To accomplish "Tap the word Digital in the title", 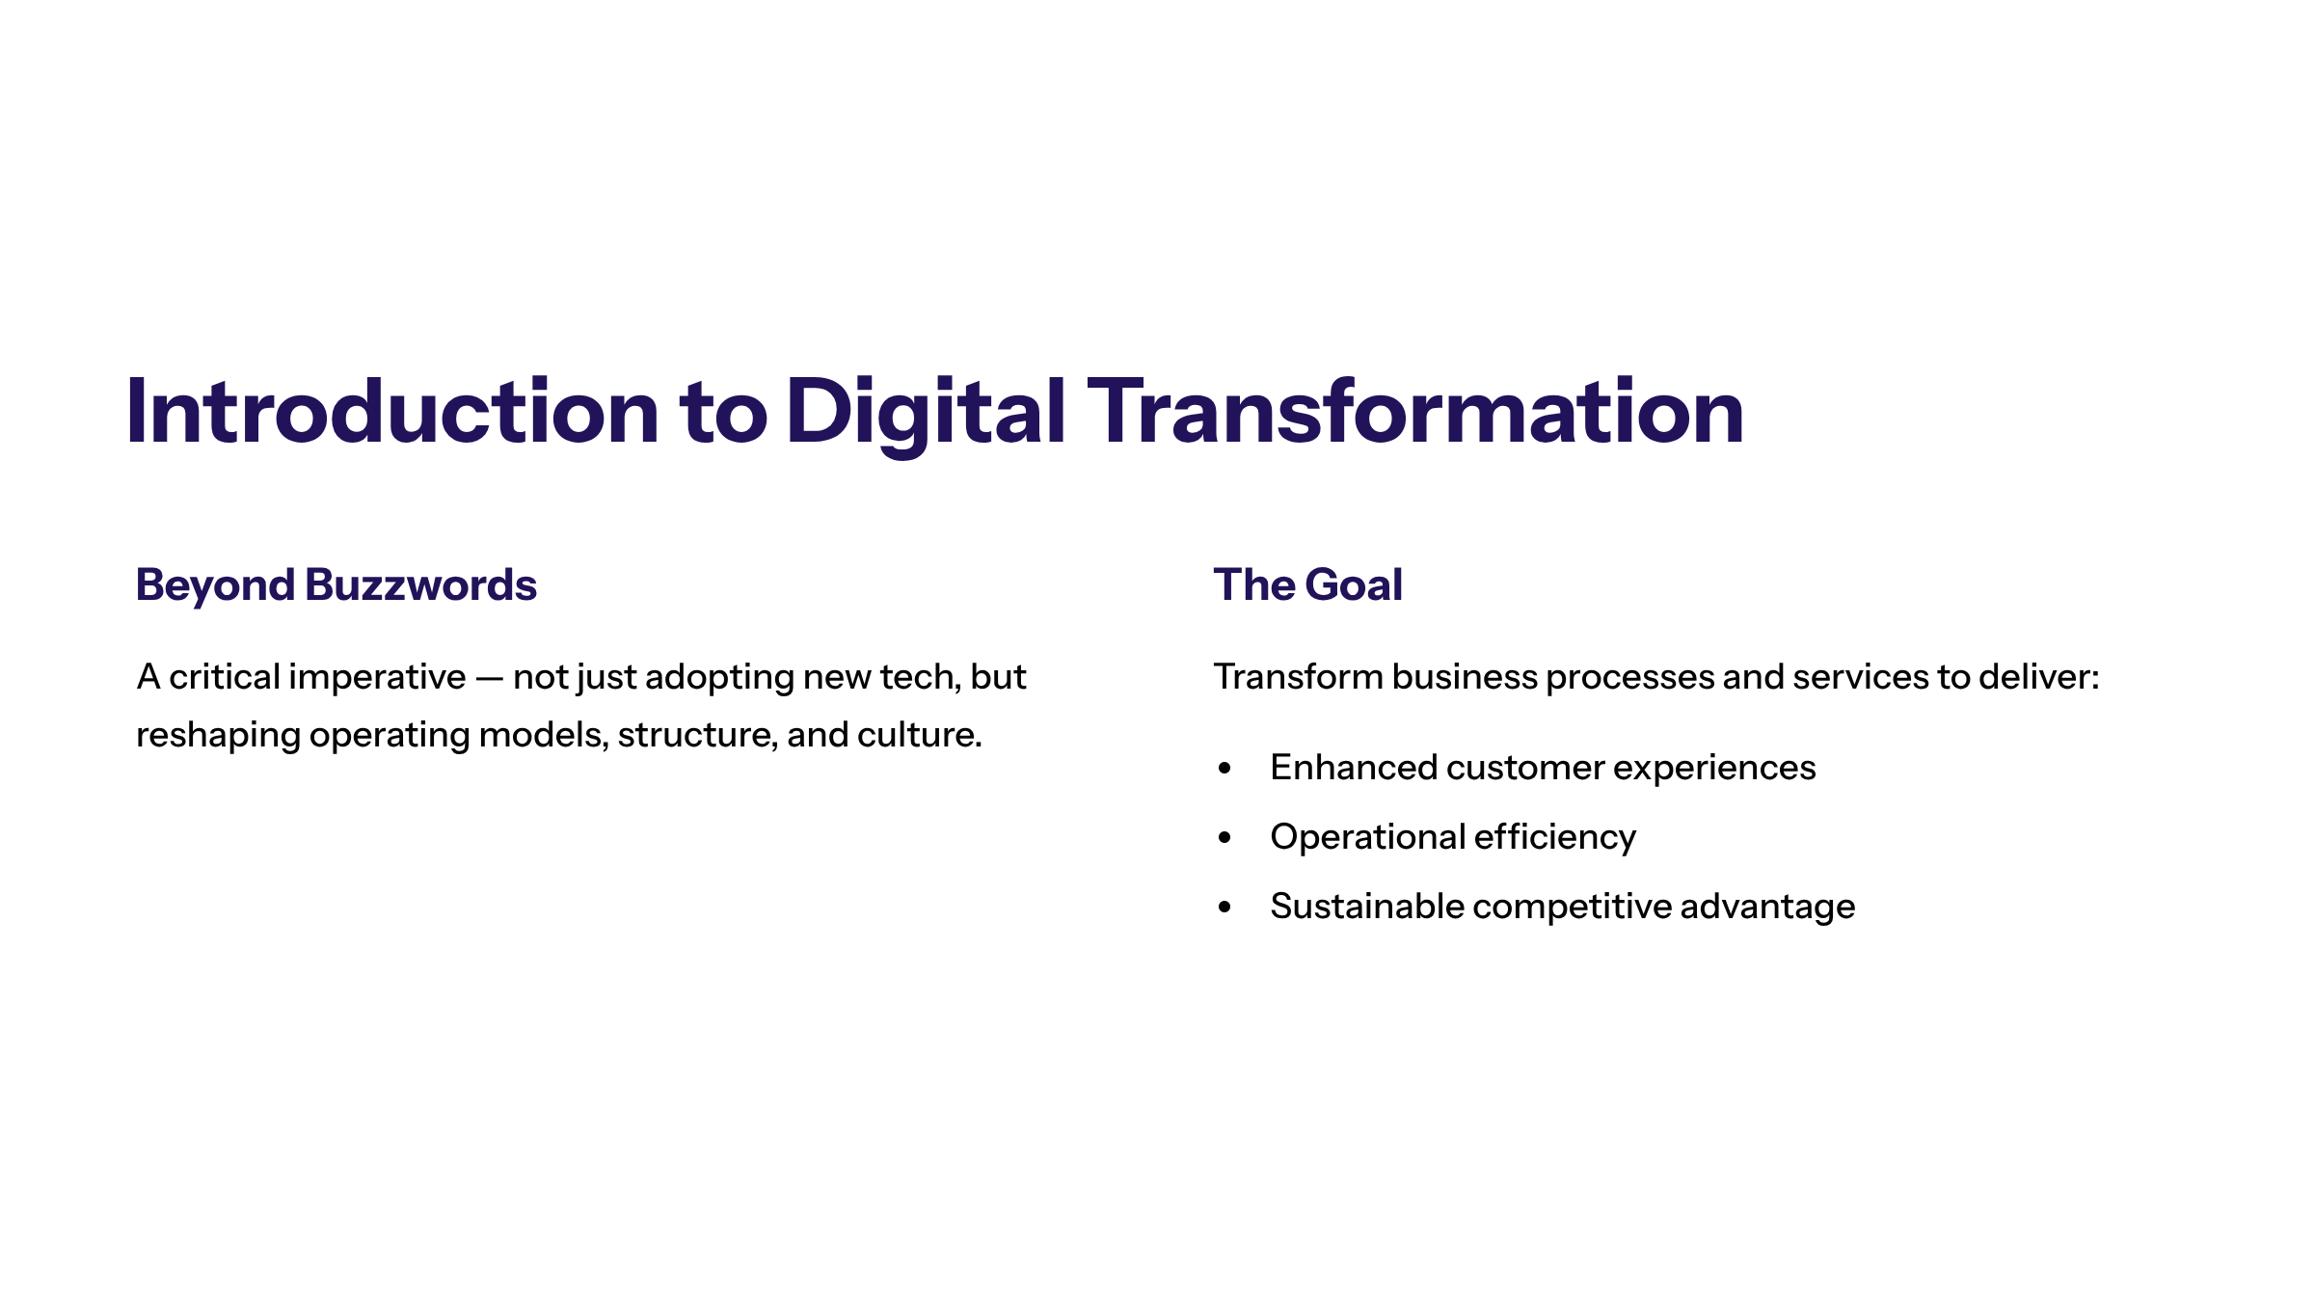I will click(x=926, y=412).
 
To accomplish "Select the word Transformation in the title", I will click(x=1415, y=412).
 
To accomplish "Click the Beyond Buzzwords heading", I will click(x=336, y=584).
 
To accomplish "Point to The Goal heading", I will click(x=1307, y=584).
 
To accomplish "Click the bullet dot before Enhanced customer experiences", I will click(x=1224, y=769).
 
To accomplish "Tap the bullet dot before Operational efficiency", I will click(x=1224, y=838).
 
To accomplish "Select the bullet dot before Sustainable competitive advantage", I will click(x=1224, y=908).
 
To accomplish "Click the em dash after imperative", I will click(x=490, y=678).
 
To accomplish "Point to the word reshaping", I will click(x=218, y=736).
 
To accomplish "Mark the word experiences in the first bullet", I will click(x=1713, y=768).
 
